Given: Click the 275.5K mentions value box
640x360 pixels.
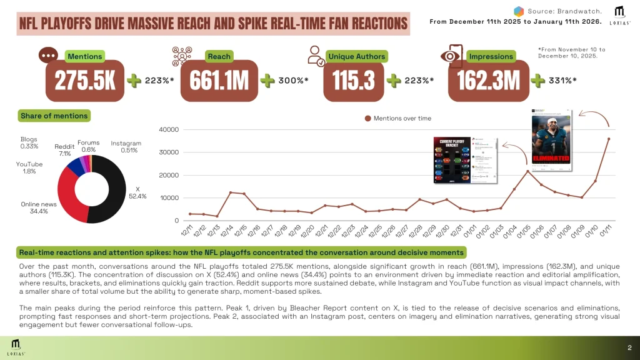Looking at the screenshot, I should click(85, 81).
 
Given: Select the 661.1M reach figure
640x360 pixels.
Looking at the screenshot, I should click(219, 81).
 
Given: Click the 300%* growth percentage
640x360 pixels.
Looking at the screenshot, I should click(294, 81).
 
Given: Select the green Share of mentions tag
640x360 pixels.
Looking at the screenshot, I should click(54, 116).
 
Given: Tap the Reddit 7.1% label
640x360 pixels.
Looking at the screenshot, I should click(64, 149).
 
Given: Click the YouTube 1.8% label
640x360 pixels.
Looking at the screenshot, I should click(29, 167).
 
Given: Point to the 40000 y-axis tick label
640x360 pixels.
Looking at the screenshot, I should click(170, 130).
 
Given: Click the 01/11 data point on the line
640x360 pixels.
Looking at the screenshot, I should click(608, 139).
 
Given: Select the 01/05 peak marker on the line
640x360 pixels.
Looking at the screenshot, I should click(527, 171).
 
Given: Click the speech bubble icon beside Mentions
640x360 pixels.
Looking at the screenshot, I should click(48, 55).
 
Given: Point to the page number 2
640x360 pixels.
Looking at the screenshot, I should click(629, 347).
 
